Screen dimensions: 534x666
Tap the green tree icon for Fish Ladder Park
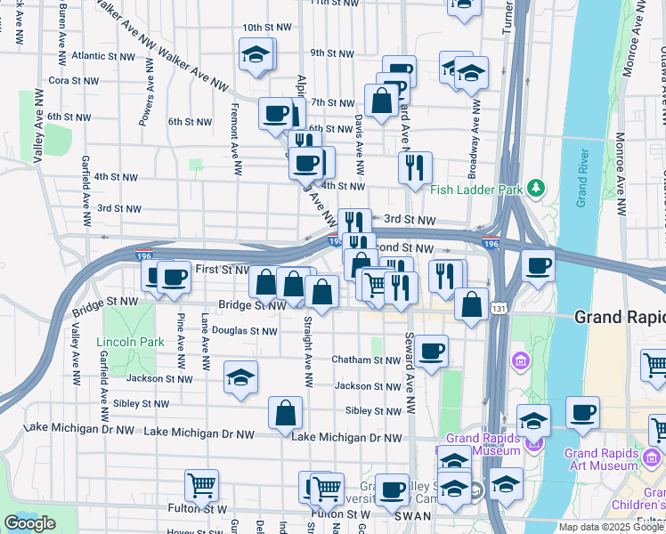(x=535, y=188)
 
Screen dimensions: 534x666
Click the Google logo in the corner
(x=29, y=523)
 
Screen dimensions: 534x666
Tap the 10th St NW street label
(x=266, y=28)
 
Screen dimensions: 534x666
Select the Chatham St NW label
(x=366, y=360)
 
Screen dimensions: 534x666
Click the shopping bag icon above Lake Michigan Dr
(x=285, y=412)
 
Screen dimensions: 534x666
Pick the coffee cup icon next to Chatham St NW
(x=432, y=350)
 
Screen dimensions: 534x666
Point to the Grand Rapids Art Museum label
(x=601, y=458)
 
